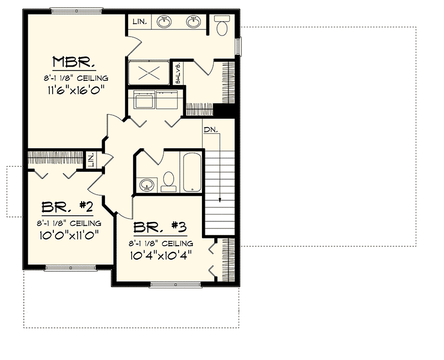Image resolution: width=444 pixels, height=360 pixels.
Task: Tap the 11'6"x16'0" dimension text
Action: tap(76, 89)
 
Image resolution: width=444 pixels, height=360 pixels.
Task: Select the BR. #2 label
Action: tap(67, 208)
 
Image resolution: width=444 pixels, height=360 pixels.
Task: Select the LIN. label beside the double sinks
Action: tap(139, 22)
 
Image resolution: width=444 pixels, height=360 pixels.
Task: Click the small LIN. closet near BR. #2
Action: tap(90, 161)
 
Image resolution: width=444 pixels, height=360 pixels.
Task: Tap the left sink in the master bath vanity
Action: tap(164, 22)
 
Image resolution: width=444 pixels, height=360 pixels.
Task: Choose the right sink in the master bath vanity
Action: tap(193, 22)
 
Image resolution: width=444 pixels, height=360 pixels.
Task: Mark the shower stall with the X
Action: tap(148, 72)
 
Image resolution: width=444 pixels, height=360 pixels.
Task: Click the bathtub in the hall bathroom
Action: tap(191, 171)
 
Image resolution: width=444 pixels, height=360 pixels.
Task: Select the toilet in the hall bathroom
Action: tap(168, 181)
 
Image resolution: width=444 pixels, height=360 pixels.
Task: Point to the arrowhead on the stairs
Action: tap(220, 200)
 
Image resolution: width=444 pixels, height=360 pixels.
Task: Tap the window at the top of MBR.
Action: tap(76, 10)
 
